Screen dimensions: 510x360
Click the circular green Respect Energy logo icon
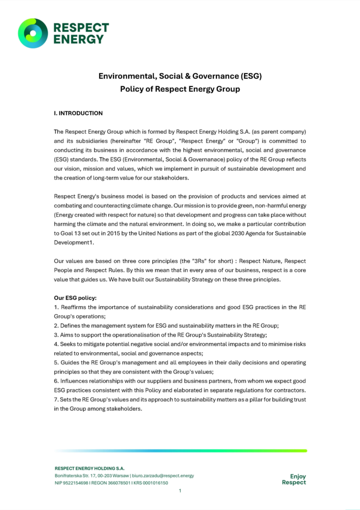(33, 33)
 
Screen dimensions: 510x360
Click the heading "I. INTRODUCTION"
(78, 113)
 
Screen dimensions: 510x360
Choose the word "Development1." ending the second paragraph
(74, 243)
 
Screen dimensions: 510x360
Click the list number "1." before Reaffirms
(57, 307)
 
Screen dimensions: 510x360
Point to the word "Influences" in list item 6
(75, 381)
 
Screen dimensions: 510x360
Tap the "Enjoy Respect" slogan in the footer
(294, 479)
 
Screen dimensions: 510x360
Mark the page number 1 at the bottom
(180, 491)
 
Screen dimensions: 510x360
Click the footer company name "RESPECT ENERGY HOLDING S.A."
(89, 468)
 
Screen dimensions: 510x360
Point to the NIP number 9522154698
(76, 483)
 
